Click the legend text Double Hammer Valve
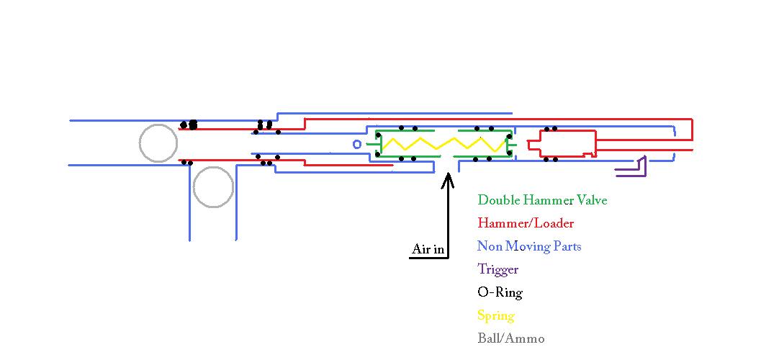[542, 200]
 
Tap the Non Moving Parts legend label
[529, 246]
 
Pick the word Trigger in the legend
[497, 269]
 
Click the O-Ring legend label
[500, 292]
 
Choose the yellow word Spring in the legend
[496, 315]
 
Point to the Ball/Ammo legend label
[510, 338]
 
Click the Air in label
[428, 250]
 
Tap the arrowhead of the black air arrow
[448, 177]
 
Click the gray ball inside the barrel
[158, 143]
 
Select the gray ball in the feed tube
[213, 187]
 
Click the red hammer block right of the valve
[562, 143]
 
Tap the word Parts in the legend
[566, 246]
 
